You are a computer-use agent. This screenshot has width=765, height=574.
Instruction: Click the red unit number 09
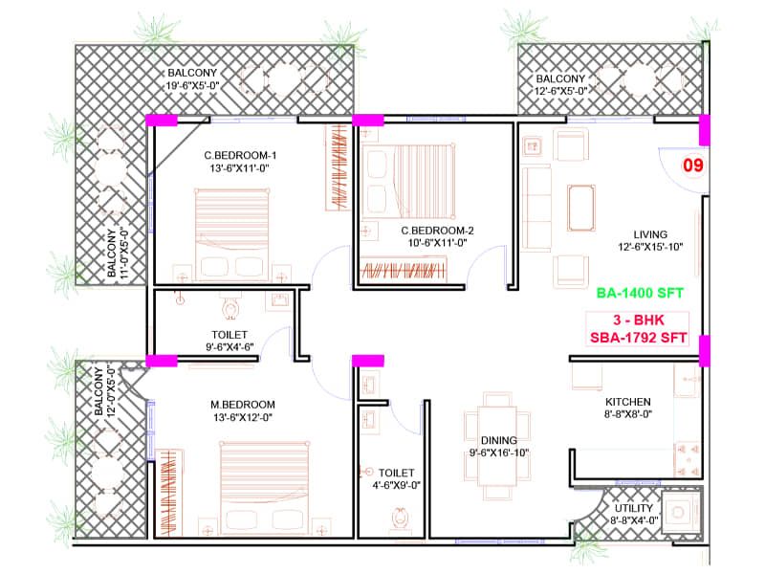(692, 166)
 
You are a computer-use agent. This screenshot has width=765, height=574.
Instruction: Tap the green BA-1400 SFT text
(639, 294)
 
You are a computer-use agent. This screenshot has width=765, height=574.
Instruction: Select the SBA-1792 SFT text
(639, 339)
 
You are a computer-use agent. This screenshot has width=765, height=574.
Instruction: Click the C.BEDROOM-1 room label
(240, 156)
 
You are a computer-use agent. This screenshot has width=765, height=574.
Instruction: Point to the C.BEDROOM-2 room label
(437, 230)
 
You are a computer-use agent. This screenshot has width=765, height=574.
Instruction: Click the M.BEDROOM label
(243, 404)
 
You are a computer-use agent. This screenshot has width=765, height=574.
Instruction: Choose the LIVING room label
(649, 234)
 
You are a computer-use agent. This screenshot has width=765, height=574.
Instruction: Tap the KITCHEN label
(627, 402)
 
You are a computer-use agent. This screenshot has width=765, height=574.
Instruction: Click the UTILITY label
(634, 508)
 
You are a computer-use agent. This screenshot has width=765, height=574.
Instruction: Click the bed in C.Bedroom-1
(234, 225)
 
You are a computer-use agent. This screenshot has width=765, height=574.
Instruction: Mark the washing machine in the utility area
(682, 512)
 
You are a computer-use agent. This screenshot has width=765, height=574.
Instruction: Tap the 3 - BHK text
(639, 320)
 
